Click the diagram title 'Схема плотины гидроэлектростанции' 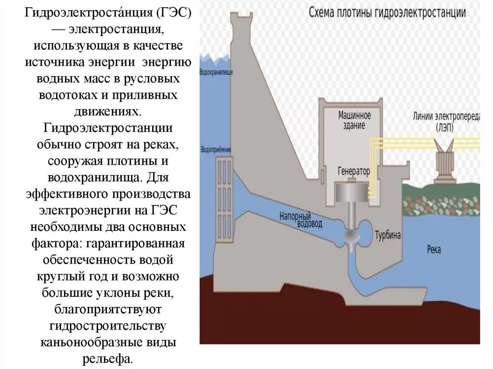coord(387,13)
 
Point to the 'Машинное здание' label coord(354,120)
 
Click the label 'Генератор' coord(354,171)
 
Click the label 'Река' coord(433,250)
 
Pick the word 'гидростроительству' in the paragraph coord(108,326)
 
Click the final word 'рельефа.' coord(108,359)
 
